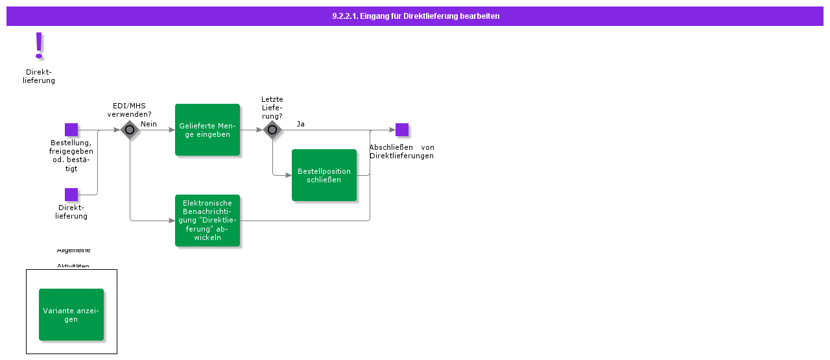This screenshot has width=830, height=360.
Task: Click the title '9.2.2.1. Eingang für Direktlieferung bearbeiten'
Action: pos(415,16)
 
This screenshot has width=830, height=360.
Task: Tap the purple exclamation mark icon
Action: pos(39,45)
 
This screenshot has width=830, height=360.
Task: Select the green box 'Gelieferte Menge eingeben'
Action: pos(207,130)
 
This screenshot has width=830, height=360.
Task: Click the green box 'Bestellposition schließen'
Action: pos(324,175)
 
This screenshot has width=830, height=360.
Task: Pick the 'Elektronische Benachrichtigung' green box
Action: pos(207,221)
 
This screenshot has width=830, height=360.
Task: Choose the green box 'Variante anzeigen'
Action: pos(71,315)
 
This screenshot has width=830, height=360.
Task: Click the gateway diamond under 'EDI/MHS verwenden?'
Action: pos(130,130)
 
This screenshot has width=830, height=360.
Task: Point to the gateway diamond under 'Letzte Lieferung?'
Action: pos(272,130)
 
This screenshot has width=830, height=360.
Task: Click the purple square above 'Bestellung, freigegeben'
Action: pos(71,130)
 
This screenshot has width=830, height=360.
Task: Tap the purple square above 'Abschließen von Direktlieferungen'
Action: pos(402,130)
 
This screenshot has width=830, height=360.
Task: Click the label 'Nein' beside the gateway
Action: pos(148,124)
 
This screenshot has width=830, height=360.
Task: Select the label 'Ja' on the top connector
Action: pos(301,124)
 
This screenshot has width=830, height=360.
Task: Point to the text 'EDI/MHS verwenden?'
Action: pos(129,110)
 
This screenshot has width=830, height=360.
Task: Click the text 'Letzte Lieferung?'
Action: pos(272,108)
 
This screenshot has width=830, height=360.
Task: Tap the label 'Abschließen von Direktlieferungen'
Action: pos(401,151)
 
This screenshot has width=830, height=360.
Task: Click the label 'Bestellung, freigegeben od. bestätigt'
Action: pos(71,156)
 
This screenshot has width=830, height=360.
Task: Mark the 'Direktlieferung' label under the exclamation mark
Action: pos(39,77)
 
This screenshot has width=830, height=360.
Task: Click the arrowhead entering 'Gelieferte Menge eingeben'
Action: pos(172,130)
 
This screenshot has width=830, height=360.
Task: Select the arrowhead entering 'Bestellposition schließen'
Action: pos(289,175)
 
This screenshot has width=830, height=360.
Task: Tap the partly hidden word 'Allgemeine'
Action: pos(74,250)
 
